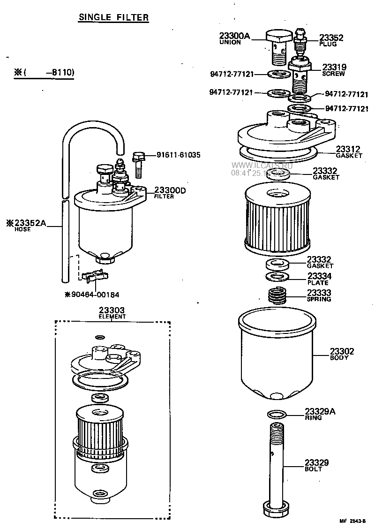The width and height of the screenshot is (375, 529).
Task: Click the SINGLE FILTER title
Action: tap(113, 18)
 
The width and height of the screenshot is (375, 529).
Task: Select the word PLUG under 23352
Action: tap(328, 44)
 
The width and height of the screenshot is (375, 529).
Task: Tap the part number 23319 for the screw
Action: tap(334, 68)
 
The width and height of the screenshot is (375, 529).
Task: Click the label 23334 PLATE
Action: tap(319, 279)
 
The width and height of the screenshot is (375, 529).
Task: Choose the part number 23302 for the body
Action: tap(342, 351)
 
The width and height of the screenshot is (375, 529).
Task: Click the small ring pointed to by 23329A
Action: tap(277, 414)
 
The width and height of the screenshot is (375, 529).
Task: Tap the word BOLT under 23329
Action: tap(313, 469)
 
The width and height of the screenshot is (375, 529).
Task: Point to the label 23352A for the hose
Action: tap(30, 223)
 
